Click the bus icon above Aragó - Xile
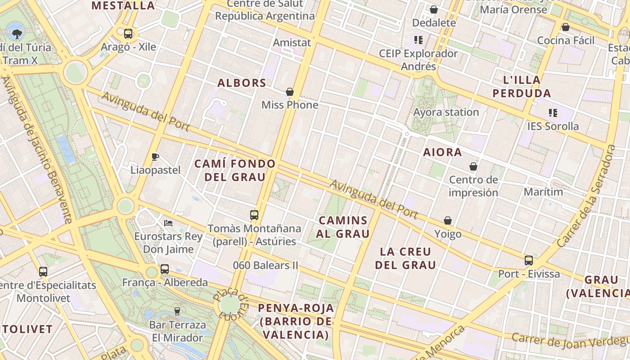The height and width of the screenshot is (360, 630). click(128, 33)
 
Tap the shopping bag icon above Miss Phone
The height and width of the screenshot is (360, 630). click(290, 92)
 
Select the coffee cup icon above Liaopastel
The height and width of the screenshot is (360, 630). click(155, 157)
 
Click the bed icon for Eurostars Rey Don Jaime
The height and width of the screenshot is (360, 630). click(168, 223)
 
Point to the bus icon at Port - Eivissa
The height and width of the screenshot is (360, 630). click(529, 261)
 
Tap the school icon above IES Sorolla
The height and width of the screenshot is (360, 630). click(553, 112)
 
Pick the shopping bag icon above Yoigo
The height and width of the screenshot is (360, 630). click(448, 220)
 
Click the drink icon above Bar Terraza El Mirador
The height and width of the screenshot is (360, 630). click(177, 311)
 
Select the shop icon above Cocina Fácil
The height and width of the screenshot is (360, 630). click(566, 27)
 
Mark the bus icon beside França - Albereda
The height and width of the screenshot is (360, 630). click(165, 269)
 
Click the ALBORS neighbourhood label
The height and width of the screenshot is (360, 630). click(242, 83)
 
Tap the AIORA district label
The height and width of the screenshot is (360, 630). click(442, 153)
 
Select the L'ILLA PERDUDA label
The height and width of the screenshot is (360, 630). click(522, 87)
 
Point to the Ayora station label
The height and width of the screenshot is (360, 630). click(446, 112)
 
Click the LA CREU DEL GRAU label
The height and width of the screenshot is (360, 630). click(405, 258)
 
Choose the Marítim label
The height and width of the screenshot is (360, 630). click(543, 192)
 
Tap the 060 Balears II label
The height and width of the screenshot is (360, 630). click(265, 265)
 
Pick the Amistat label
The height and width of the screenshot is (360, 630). click(292, 43)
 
